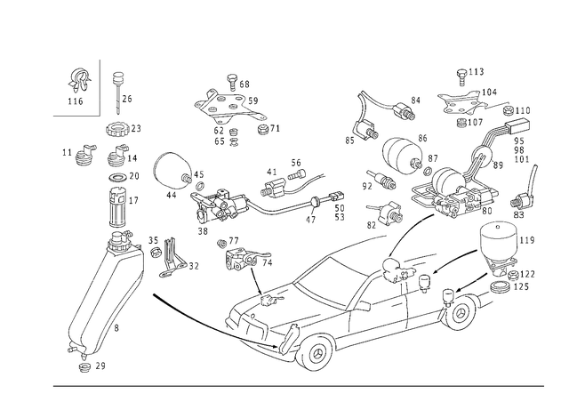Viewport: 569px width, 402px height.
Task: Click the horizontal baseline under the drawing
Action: tap(293, 386)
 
